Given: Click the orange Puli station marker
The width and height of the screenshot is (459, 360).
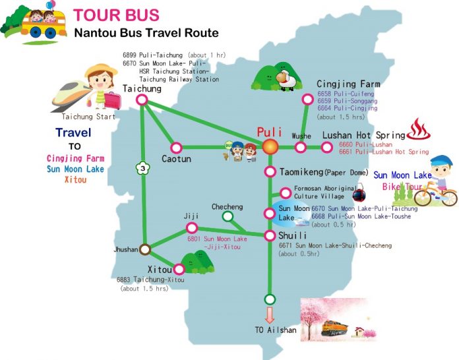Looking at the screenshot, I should [270, 147].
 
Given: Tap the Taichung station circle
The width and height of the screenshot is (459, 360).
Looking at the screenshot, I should [141, 100].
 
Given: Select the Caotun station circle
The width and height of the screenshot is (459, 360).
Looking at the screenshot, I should [176, 148].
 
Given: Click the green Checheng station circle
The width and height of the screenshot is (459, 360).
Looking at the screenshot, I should [228, 216].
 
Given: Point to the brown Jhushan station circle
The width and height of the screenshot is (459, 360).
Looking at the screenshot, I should [145, 249].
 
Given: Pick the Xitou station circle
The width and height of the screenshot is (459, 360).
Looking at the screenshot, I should [178, 269].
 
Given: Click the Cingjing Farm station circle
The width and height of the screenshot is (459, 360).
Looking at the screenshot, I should [307, 100].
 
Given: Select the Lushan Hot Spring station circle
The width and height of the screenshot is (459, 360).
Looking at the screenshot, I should [326, 148].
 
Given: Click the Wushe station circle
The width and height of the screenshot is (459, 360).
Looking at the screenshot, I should [301, 148].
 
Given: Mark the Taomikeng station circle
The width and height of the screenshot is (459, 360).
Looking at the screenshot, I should [270, 172].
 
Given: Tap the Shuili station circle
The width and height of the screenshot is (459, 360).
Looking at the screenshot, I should [270, 235].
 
